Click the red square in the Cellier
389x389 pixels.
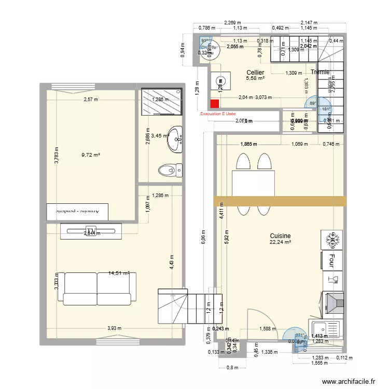click(x=215, y=104)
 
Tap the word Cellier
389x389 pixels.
click(x=255, y=73)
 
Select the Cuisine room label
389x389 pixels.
click(x=280, y=235)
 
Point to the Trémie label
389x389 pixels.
click(x=320, y=72)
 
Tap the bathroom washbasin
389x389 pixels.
click(x=177, y=138)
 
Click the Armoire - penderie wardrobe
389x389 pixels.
click(x=78, y=211)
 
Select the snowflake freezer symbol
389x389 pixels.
click(x=331, y=240)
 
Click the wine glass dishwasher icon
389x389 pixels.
click(x=332, y=280)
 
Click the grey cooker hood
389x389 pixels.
click(x=332, y=303)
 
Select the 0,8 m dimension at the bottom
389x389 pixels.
click(x=231, y=369)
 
